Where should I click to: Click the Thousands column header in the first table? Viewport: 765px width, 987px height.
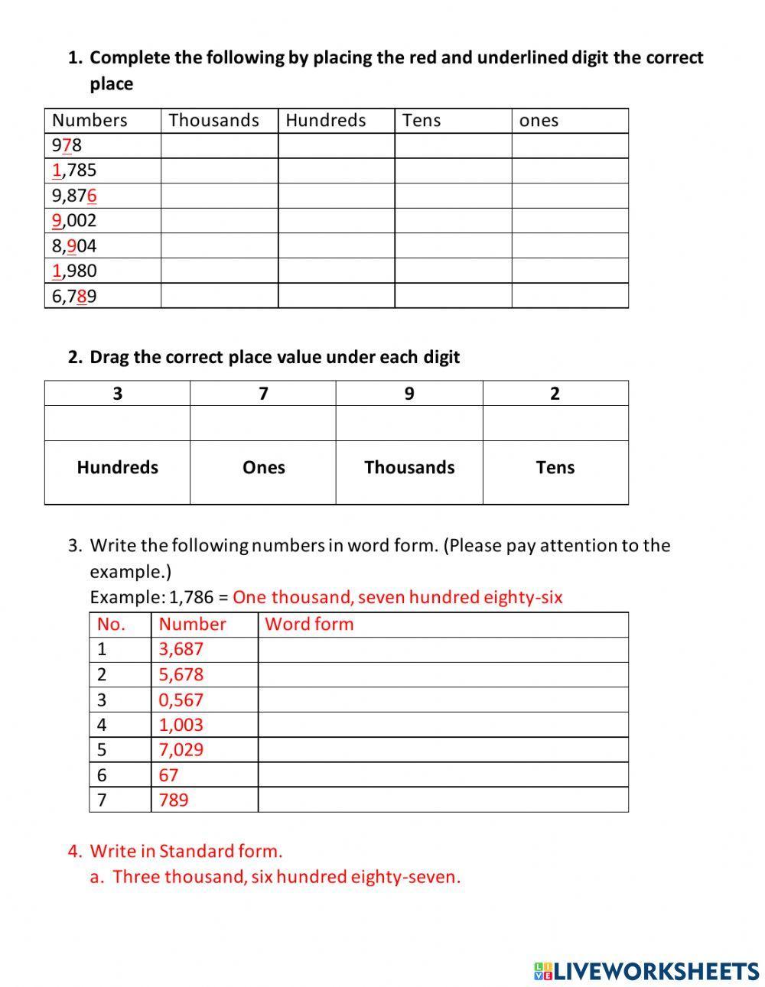pyautogui.click(x=213, y=120)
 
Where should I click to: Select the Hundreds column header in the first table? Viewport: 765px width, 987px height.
pyautogui.click(x=325, y=120)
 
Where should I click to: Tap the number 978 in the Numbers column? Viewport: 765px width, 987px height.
pyautogui.click(x=67, y=145)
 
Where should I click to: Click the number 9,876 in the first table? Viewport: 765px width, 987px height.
pyautogui.click(x=74, y=196)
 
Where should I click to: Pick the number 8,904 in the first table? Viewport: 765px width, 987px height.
pyautogui.click(x=74, y=246)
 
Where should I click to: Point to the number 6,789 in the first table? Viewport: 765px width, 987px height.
pyautogui.click(x=74, y=296)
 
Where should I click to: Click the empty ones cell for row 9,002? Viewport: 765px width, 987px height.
pyautogui.click(x=570, y=221)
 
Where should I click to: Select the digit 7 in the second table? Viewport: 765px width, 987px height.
pyautogui.click(x=263, y=394)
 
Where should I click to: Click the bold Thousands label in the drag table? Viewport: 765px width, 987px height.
pyautogui.click(x=409, y=468)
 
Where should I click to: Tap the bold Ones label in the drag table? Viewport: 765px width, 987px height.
pyautogui.click(x=263, y=468)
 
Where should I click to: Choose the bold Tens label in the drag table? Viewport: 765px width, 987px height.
pyautogui.click(x=555, y=468)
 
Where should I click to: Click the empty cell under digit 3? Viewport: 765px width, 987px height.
pyautogui.click(x=117, y=423)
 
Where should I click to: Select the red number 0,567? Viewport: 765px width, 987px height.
pyautogui.click(x=181, y=700)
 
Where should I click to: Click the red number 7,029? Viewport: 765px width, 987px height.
pyautogui.click(x=181, y=749)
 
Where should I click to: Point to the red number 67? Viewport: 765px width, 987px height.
pyautogui.click(x=168, y=775)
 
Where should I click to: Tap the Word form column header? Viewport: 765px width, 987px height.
pyautogui.click(x=309, y=624)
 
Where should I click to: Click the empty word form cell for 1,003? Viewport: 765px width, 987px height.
pyautogui.click(x=443, y=725)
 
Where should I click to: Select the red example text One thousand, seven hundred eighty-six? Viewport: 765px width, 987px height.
pyautogui.click(x=397, y=597)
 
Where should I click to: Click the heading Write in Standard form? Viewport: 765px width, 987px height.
pyautogui.click(x=186, y=851)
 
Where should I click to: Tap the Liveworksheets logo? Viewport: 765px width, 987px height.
pyautogui.click(x=646, y=971)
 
